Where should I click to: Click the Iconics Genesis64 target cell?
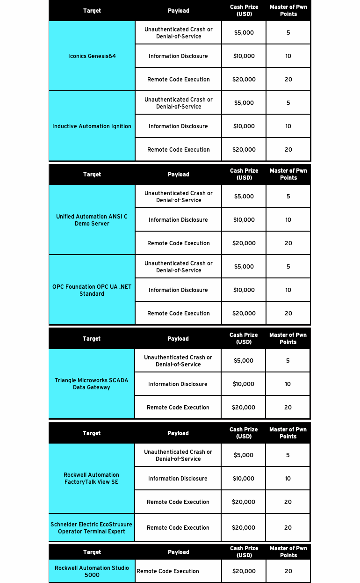tap(92, 56)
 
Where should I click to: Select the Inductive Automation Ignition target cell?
tap(92, 126)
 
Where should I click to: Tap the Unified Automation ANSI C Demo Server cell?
tap(92, 220)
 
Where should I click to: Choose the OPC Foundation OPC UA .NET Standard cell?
tap(92, 290)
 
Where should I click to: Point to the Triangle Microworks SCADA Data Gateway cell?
tap(92, 384)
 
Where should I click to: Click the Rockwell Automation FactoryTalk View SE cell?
tap(92, 478)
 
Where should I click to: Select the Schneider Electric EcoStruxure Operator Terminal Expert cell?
tap(92, 528)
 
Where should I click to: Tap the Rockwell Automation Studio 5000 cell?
tap(92, 571)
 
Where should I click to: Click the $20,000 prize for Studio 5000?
tap(244, 571)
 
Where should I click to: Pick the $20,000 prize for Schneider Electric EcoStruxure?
tap(244, 528)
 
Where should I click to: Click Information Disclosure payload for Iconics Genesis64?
tap(178, 56)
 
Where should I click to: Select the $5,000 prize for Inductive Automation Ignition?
tap(244, 103)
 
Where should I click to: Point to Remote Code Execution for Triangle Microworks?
tap(178, 408)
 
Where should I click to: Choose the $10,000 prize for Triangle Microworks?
tap(244, 384)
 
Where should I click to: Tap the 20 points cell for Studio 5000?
tap(288, 571)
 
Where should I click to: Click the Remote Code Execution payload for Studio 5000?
tap(168, 571)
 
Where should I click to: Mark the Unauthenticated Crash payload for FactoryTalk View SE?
tap(178, 455)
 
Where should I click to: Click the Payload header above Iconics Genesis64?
tap(178, 11)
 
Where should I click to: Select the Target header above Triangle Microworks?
tap(92, 339)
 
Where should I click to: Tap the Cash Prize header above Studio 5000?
tap(244, 552)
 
